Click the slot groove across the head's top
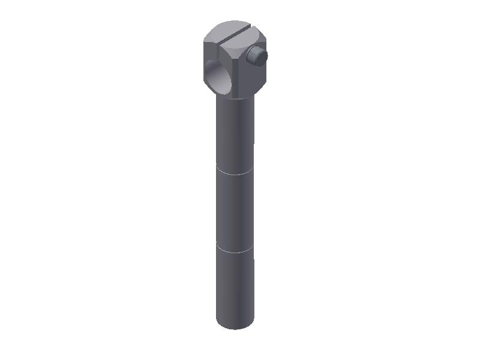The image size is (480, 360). (x=235, y=34)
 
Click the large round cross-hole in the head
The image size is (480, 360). (x=219, y=77)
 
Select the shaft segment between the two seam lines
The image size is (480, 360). (x=235, y=210)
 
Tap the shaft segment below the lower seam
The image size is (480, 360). (x=235, y=285)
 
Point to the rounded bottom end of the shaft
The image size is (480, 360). (x=235, y=326)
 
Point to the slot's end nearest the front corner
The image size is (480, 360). (x=221, y=44)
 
